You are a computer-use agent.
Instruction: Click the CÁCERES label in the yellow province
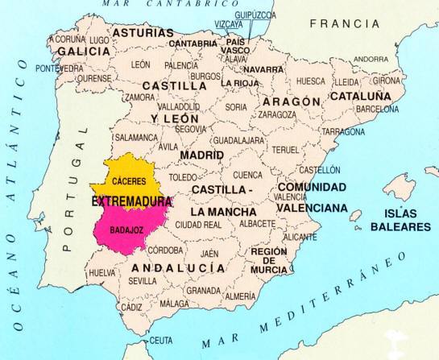129,181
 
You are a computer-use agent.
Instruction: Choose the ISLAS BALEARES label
400,220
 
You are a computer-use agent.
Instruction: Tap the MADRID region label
201,154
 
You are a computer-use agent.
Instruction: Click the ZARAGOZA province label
277,115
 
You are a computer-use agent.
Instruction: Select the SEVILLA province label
143,281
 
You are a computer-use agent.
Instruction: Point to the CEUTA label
161,340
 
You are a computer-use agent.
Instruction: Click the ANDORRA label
371,59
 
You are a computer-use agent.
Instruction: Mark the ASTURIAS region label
143,33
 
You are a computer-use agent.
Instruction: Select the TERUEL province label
285,150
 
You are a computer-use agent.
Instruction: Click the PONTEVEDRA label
59,68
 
